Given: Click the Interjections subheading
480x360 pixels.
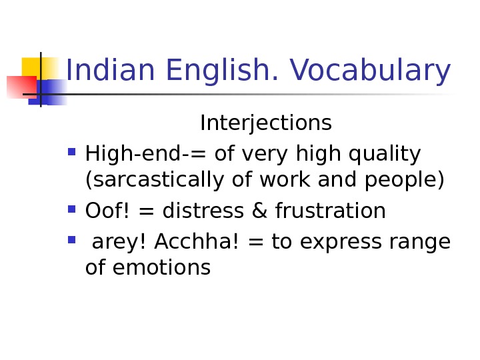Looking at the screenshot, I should pos(266,123).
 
